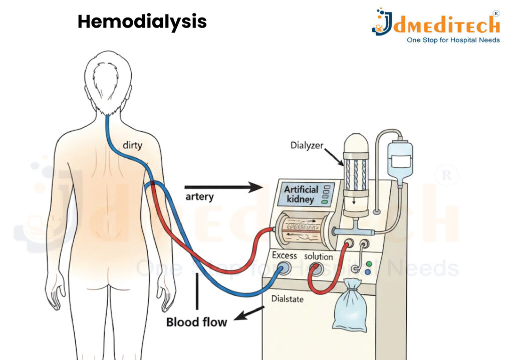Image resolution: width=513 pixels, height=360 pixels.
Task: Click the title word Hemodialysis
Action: click(x=142, y=22)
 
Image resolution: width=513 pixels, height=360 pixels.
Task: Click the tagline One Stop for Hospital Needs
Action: click(x=453, y=40)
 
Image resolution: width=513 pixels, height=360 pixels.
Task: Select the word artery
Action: click(x=199, y=196)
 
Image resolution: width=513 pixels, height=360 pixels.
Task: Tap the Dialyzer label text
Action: click(x=307, y=146)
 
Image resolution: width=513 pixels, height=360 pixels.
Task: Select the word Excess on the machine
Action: click(x=284, y=255)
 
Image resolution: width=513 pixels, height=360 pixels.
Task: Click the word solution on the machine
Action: click(x=319, y=256)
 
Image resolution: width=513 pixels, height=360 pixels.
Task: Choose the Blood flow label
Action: click(x=196, y=321)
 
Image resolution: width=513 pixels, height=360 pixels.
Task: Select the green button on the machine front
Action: click(x=369, y=264)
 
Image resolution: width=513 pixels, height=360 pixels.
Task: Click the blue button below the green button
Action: click(x=369, y=272)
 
